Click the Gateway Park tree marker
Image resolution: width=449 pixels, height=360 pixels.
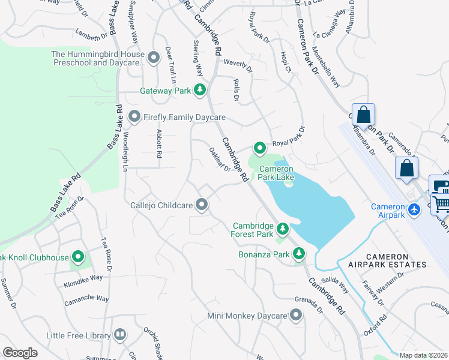click(x=200, y=91)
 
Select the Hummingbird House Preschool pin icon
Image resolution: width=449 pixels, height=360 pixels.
click(x=154, y=58)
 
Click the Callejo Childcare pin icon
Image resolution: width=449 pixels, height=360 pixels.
click(x=202, y=205)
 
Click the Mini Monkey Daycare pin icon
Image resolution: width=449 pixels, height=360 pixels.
click(x=295, y=315)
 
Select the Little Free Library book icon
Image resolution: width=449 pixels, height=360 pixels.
click(x=119, y=334)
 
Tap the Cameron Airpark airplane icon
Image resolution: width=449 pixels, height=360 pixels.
click(x=414, y=209)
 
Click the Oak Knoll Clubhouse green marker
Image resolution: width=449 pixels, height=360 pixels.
click(x=78, y=257)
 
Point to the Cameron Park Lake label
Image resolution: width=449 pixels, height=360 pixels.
click(x=276, y=173)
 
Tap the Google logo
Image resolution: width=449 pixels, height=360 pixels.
click(x=20, y=353)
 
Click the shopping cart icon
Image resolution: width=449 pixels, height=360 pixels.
click(x=441, y=203)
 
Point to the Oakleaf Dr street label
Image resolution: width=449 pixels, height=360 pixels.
click(x=220, y=160)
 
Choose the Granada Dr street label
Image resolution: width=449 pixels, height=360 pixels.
click(x=309, y=305)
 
